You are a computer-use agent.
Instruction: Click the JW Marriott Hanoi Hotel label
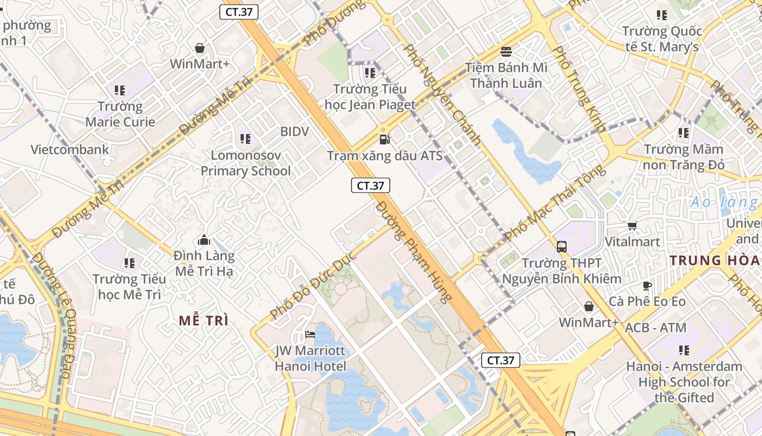point(310,358)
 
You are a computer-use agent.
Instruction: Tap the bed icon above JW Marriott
point(310,334)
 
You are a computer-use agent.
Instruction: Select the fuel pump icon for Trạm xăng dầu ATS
point(384,140)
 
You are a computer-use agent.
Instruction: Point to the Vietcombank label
point(70,149)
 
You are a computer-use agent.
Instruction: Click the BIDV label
point(294,131)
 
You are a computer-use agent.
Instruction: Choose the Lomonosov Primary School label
point(245,163)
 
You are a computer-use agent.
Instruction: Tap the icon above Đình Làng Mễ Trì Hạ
point(204,240)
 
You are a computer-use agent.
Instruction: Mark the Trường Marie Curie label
point(120,114)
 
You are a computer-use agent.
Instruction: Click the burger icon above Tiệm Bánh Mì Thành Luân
point(506,52)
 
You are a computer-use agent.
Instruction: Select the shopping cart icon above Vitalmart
point(632,226)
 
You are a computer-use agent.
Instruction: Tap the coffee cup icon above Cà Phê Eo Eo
point(647,286)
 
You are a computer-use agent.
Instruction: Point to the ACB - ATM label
point(655,328)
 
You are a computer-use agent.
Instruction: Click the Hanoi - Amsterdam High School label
point(684,381)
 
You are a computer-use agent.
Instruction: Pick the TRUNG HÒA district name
point(715,260)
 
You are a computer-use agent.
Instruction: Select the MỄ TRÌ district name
point(204,320)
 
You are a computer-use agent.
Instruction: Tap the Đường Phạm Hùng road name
point(414,251)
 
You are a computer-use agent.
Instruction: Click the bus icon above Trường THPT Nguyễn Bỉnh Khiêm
point(562,247)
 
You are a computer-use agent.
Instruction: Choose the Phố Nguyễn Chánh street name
point(442,94)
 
